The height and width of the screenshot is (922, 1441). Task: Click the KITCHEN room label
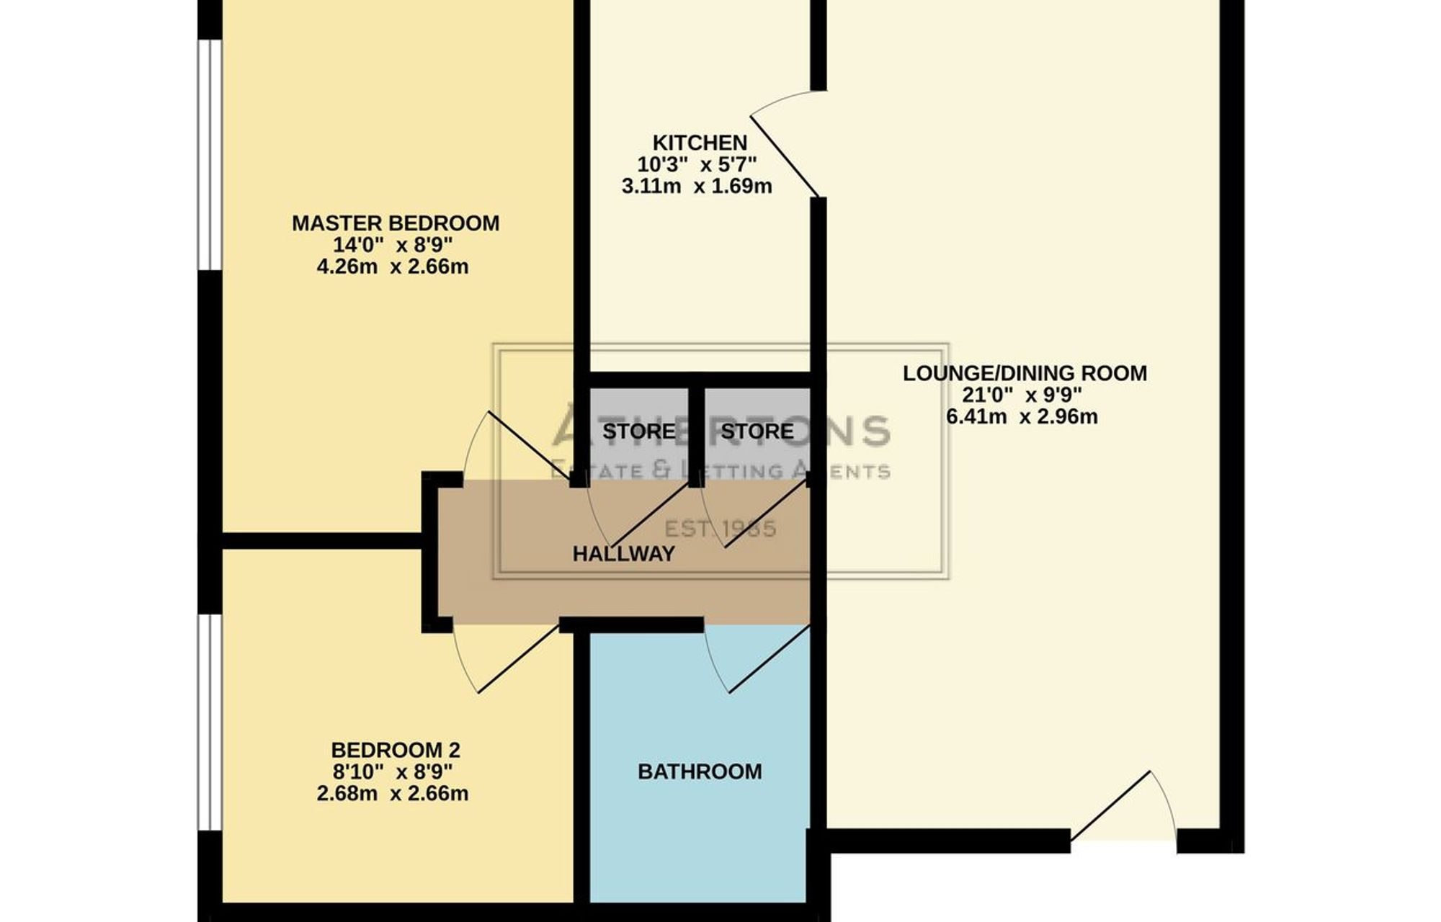pos(700,143)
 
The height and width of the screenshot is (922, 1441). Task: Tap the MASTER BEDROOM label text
pos(396,223)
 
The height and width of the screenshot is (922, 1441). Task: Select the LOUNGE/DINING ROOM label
pos(1025,373)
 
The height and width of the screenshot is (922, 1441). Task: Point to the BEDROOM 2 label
pos(396,750)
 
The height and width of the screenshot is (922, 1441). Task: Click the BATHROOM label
pos(700,771)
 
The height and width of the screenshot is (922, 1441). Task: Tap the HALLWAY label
pos(624,553)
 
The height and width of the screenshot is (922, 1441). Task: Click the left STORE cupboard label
pos(639,431)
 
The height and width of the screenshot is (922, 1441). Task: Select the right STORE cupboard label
pos(757,431)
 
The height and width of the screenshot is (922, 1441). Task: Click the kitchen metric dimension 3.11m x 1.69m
pos(697,187)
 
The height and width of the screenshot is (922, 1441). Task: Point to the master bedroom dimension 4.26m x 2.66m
pos(393,267)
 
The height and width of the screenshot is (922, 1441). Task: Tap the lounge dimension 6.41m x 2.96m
pos(1022,416)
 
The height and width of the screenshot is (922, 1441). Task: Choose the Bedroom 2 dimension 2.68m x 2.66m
pos(393,794)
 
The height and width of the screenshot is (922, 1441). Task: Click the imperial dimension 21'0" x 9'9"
pos(1022,395)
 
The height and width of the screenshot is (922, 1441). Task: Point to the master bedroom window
pos(210,155)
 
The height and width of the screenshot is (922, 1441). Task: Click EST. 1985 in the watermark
pos(720,529)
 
